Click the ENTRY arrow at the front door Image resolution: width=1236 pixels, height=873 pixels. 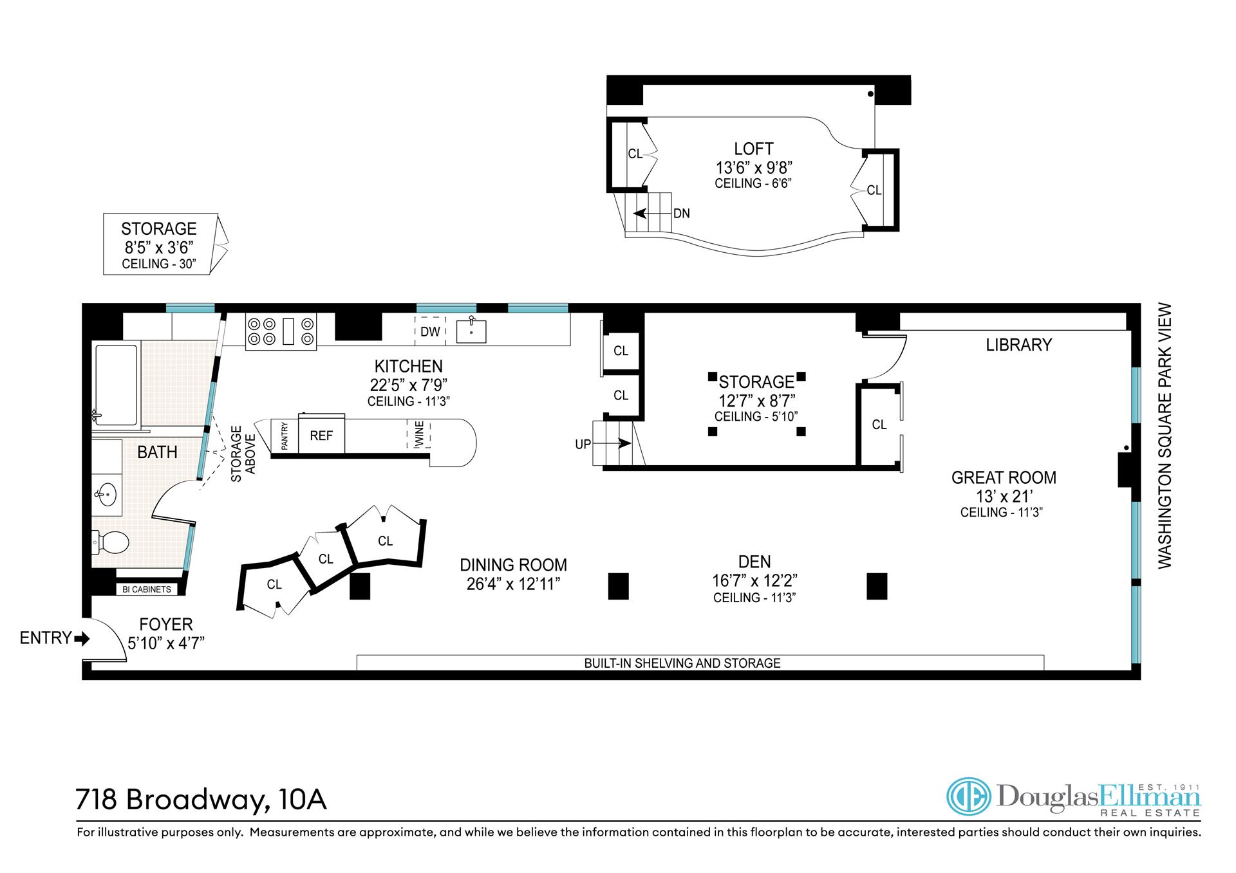click(82, 639)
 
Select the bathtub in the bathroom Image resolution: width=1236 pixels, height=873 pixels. click(117, 385)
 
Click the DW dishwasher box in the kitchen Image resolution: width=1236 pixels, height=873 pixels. click(430, 331)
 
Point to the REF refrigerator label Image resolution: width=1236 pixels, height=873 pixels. click(321, 436)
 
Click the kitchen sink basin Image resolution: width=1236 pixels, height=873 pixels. click(471, 331)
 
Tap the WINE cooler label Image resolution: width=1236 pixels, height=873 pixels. click(419, 434)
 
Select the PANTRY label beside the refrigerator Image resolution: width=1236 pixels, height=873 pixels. click(285, 436)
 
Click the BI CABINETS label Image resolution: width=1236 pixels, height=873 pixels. click(147, 589)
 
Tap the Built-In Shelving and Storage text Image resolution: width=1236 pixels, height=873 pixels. click(682, 663)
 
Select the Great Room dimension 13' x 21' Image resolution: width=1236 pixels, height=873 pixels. click(1004, 496)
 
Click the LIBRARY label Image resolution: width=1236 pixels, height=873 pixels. click(1018, 345)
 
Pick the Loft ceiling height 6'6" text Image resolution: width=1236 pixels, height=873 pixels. click(753, 183)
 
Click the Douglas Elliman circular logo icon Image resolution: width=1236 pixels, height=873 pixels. click(969, 796)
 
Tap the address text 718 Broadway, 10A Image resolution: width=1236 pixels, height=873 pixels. click(201, 800)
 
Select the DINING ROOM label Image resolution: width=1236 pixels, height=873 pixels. click(513, 565)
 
